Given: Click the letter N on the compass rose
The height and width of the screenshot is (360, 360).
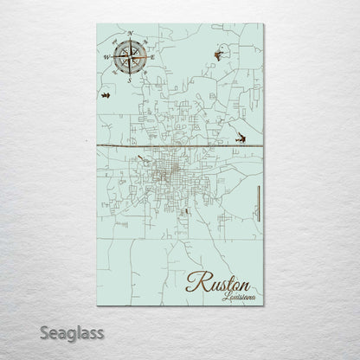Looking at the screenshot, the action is (x=130, y=34).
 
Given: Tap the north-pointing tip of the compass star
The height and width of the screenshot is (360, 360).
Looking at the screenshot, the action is (x=131, y=40).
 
